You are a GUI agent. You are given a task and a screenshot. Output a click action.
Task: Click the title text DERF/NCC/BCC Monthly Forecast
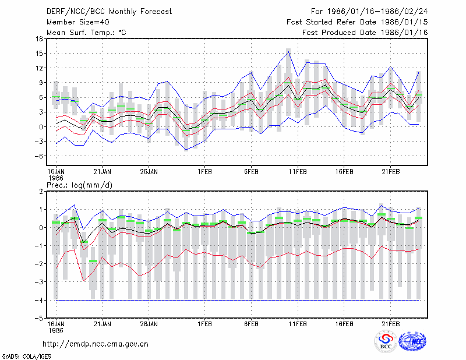click(109, 12)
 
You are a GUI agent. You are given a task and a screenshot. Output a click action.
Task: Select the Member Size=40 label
click(78, 22)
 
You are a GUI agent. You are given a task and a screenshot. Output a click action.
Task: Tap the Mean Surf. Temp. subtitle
click(86, 33)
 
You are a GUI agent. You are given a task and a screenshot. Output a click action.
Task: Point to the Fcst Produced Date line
click(365, 33)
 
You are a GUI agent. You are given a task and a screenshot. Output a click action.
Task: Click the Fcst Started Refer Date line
click(357, 22)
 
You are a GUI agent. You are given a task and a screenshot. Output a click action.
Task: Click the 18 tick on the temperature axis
click(39, 38)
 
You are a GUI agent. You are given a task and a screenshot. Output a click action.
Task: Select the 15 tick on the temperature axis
click(39, 54)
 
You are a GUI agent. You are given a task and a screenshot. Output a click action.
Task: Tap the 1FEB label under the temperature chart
click(205, 172)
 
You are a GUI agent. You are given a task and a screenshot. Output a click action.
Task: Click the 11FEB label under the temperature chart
click(298, 172)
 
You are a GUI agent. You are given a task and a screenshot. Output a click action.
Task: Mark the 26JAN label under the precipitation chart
click(149, 324)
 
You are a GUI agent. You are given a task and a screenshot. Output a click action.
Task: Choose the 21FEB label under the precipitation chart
click(390, 324)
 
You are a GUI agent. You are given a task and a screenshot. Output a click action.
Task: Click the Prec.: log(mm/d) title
click(79, 185)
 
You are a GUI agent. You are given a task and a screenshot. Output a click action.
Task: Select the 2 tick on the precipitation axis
click(41, 192)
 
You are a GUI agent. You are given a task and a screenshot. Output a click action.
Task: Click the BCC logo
click(386, 342)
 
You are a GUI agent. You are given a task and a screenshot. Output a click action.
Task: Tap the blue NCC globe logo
click(412, 341)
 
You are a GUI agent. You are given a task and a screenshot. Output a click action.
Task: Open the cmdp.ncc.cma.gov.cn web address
click(96, 344)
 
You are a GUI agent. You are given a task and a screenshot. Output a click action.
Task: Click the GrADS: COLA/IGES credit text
click(27, 357)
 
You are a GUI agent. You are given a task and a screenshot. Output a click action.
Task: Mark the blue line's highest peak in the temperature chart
click(288, 52)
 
